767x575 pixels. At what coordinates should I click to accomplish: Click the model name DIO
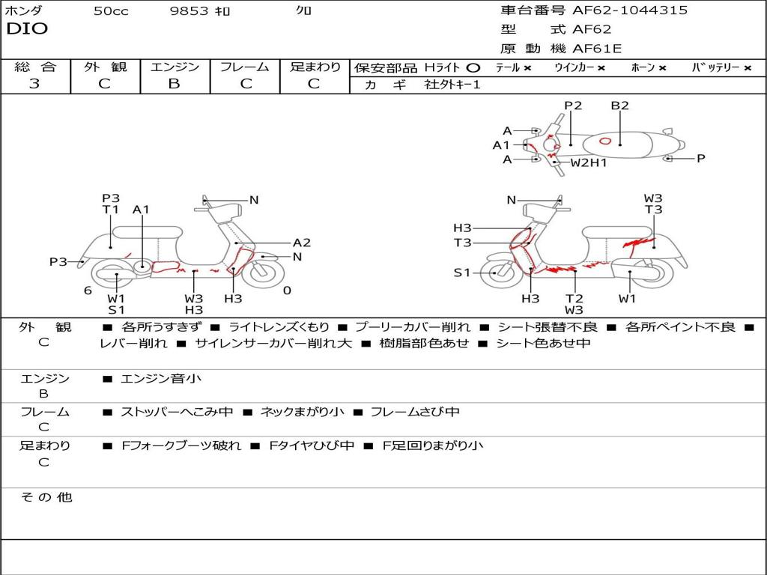point(27,29)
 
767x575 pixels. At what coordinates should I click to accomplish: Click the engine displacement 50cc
point(111,11)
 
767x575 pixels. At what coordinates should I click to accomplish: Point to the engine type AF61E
point(597,49)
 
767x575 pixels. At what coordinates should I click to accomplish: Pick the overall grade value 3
point(34,84)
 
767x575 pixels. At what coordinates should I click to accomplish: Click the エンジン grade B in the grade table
point(174,84)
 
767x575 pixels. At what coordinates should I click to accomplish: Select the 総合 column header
point(35,67)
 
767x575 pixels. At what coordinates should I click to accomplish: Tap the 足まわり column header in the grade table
point(315,67)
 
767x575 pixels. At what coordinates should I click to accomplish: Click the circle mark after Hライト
point(473,67)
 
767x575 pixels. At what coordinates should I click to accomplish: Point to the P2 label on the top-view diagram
point(573,106)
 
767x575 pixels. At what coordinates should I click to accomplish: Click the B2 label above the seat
point(619,106)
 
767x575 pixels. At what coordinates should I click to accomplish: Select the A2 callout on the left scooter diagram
point(301,243)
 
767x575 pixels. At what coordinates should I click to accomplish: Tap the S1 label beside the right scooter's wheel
point(462,273)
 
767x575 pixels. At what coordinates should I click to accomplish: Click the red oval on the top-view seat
point(605,141)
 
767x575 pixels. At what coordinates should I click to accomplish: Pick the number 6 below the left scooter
point(88,290)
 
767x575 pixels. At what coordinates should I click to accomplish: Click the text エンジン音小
point(161,379)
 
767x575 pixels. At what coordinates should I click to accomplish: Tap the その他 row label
point(46,497)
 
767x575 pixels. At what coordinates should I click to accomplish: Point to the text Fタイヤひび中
point(312,445)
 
